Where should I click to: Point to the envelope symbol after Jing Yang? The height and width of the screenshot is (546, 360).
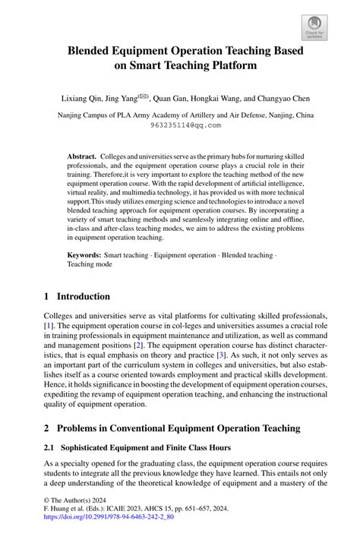[142, 96]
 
